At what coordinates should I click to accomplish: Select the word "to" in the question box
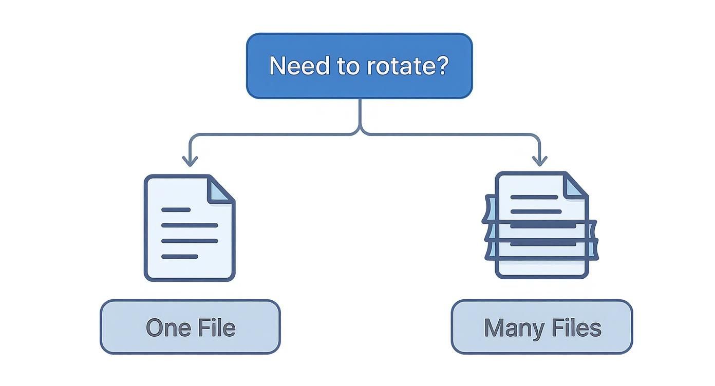(x=349, y=66)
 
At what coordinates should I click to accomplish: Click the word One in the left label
(x=165, y=327)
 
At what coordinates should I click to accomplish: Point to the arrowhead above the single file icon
(x=190, y=161)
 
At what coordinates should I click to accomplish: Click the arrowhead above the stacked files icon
(x=539, y=161)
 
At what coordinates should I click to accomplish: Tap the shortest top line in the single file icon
(x=176, y=210)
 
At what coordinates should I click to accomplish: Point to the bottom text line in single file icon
(x=179, y=256)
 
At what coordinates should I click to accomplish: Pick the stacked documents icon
(x=541, y=226)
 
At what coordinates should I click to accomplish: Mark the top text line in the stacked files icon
(x=534, y=197)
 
